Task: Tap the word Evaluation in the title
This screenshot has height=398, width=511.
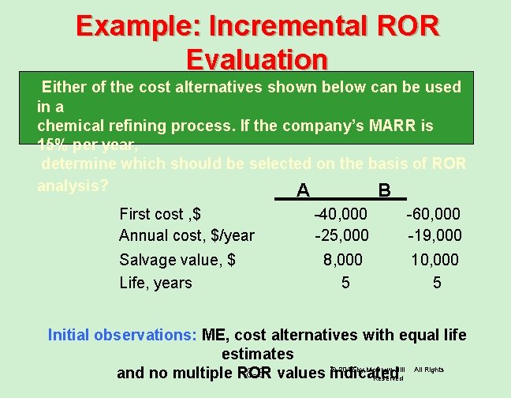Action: click(257, 60)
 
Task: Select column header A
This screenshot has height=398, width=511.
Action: click(302, 191)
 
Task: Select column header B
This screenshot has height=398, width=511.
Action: click(384, 191)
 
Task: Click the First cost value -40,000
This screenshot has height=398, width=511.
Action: click(340, 214)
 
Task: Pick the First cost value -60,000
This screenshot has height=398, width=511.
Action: click(433, 214)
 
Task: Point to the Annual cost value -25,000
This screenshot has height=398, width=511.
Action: click(340, 235)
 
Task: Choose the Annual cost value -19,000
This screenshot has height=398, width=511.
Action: click(433, 235)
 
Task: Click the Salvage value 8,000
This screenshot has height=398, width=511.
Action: click(344, 260)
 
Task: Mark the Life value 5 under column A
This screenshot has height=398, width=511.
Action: click(345, 282)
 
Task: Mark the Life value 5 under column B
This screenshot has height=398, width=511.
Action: click(437, 282)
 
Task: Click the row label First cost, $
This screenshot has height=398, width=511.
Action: click(160, 214)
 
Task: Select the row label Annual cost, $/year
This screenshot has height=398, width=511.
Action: click(187, 235)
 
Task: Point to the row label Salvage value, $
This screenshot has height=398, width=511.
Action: click(177, 260)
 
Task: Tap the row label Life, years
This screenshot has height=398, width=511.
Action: click(155, 282)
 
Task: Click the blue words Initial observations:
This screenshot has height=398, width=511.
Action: click(122, 335)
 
